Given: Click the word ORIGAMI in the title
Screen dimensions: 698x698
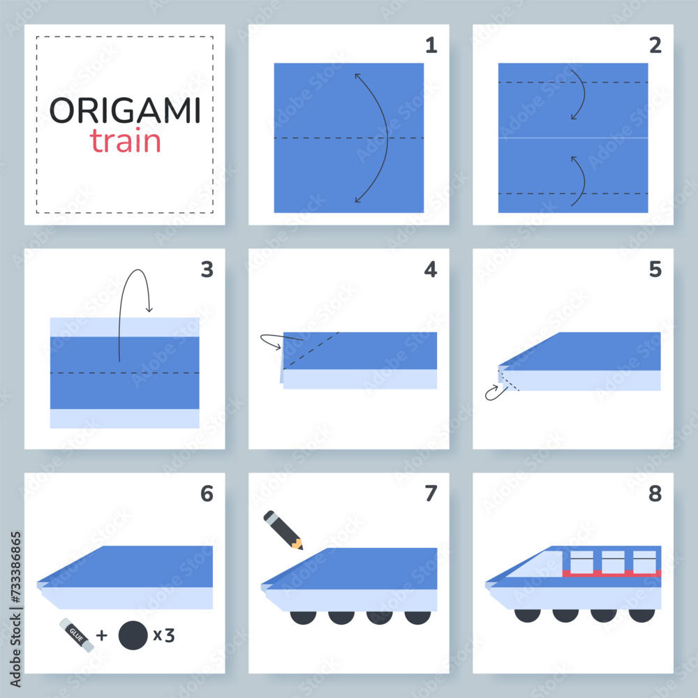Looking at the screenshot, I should pyautogui.click(x=125, y=110).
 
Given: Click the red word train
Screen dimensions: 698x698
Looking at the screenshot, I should pyautogui.click(x=126, y=142).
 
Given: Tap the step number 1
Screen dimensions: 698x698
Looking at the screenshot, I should pyautogui.click(x=431, y=45).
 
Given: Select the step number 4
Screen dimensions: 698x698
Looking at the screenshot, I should pyautogui.click(x=431, y=269).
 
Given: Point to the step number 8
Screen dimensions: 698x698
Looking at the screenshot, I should pyautogui.click(x=655, y=493).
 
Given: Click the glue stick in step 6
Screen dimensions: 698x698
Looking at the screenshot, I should pyautogui.click(x=76, y=636).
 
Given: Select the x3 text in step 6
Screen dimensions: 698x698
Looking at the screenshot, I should pyautogui.click(x=163, y=635).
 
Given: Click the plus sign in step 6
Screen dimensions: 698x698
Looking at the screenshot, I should pyautogui.click(x=102, y=635).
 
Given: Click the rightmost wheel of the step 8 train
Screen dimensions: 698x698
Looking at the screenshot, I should pyautogui.click(x=641, y=615).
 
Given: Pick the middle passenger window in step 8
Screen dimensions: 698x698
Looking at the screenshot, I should pyautogui.click(x=612, y=560).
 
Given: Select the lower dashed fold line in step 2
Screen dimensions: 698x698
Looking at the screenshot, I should pyautogui.click(x=572, y=193).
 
